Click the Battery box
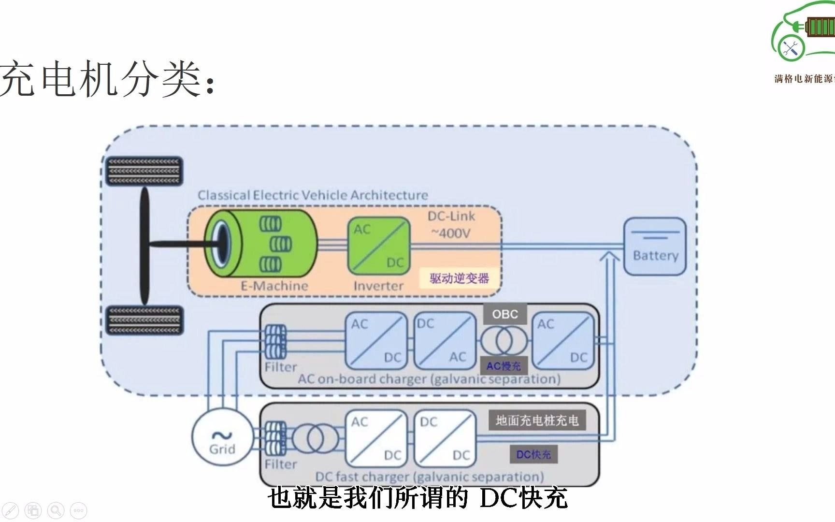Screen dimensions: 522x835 655,246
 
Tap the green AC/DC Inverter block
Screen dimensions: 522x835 379,246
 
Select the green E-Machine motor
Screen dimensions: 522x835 261,243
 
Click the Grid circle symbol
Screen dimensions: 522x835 222,438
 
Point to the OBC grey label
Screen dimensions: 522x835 505,314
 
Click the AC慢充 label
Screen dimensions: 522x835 504,366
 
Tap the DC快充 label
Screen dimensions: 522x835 533,454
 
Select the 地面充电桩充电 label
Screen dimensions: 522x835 537,420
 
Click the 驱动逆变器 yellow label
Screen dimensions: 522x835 459,278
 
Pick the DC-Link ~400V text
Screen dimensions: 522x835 451,225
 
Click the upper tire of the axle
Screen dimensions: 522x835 144,171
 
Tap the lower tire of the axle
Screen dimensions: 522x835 144,320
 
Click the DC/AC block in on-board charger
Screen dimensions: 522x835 445,341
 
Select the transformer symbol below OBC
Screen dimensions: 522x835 504,341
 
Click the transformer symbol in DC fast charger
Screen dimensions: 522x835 315,439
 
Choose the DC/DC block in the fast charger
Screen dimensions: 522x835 445,439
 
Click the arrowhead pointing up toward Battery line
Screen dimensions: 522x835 610,256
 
